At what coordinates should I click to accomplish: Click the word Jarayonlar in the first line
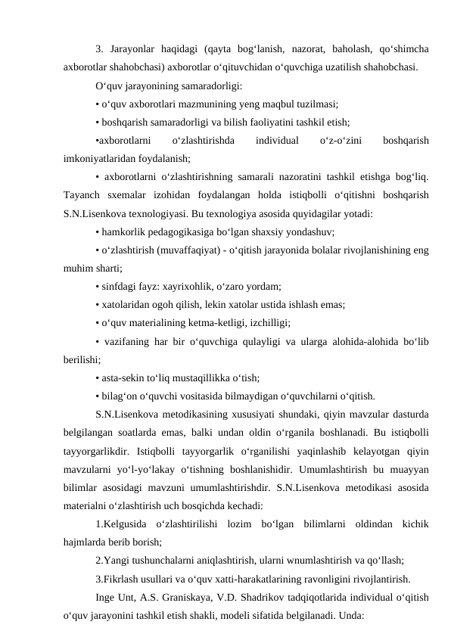point(134,51)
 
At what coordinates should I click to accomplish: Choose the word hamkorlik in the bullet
point(123,231)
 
